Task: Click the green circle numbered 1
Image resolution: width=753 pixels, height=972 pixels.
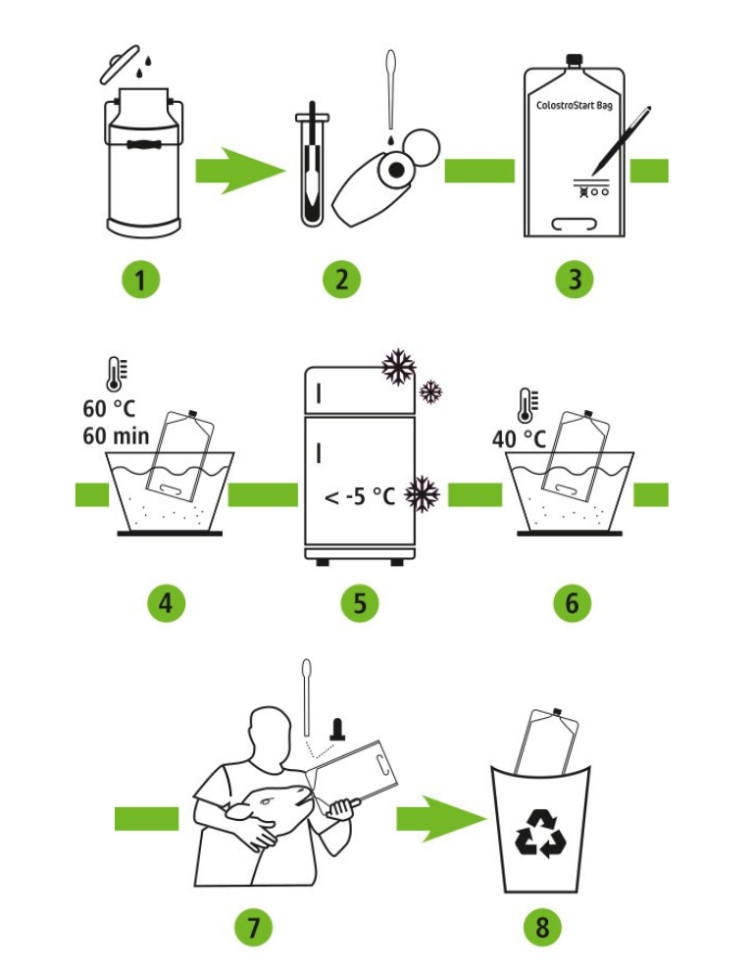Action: (x=140, y=280)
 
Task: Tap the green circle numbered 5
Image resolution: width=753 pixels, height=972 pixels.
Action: (x=360, y=603)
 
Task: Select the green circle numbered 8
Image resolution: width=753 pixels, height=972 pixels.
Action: (x=542, y=927)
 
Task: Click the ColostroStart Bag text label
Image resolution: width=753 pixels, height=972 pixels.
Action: (x=574, y=105)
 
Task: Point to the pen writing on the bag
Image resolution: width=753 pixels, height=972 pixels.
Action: (x=621, y=140)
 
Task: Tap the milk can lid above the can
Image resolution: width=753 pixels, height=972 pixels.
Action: (x=120, y=64)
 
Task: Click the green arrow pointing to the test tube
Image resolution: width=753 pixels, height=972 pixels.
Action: (x=240, y=171)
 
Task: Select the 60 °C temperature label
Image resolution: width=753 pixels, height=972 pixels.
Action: (x=109, y=408)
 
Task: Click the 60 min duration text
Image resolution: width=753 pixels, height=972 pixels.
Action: (x=116, y=435)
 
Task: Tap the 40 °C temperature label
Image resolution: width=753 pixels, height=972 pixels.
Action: (x=519, y=438)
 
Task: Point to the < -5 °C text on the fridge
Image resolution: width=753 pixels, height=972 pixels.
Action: (x=360, y=496)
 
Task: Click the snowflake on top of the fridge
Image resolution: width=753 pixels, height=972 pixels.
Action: (x=398, y=367)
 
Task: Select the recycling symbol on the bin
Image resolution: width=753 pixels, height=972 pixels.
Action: (x=541, y=833)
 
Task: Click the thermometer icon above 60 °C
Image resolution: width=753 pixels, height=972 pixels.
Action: (x=116, y=374)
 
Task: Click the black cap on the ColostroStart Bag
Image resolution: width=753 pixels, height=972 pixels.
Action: (x=575, y=60)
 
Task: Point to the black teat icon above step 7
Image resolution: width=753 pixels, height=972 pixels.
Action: (x=337, y=729)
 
